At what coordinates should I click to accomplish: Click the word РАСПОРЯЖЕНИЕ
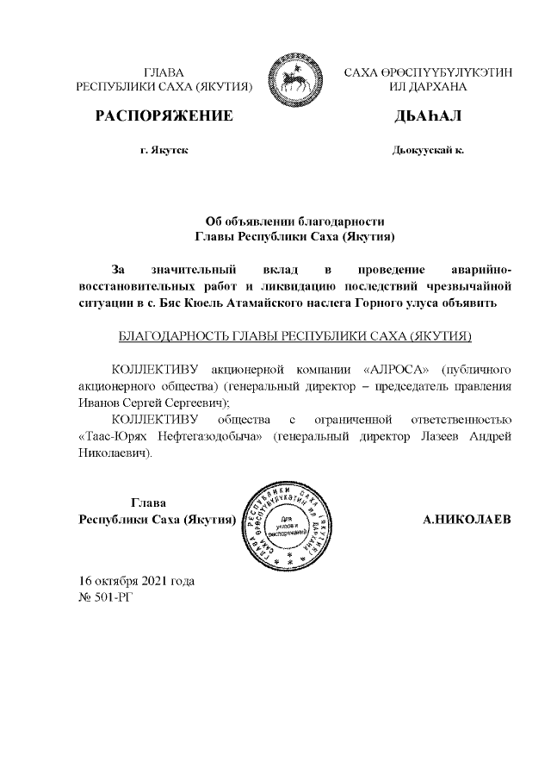point(164,115)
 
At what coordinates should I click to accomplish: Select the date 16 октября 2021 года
point(136,580)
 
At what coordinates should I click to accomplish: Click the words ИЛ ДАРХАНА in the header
point(427,88)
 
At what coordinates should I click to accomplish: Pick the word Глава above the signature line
point(148,503)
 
